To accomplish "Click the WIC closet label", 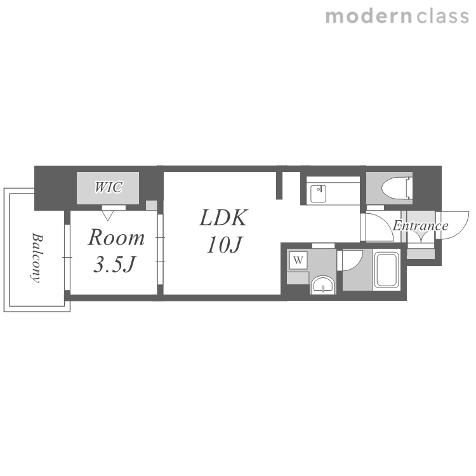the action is click(x=109, y=187).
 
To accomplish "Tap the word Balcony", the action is click(x=37, y=258).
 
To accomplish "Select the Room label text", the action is click(x=116, y=237).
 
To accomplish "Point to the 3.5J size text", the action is click(x=114, y=264).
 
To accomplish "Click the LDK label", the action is click(x=223, y=217).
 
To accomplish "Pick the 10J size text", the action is click(x=224, y=244).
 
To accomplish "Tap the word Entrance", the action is click(x=420, y=225).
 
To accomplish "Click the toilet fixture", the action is click(x=397, y=188).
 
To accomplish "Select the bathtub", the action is click(x=386, y=270).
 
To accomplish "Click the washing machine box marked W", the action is click(x=298, y=260).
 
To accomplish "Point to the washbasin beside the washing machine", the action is click(x=322, y=285).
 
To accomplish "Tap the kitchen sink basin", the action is click(x=318, y=194).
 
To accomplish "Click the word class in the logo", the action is click(x=442, y=17).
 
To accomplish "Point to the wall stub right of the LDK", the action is click(x=279, y=185).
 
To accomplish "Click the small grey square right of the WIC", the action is click(x=151, y=205).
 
